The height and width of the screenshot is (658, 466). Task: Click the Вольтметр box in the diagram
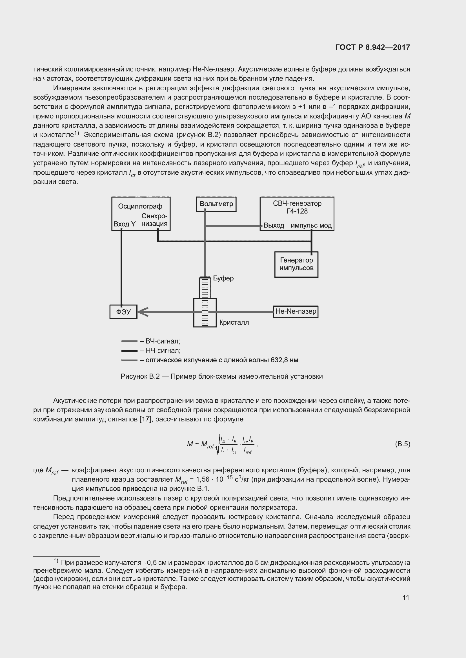(x=216, y=204)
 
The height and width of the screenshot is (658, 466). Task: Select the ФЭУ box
(x=123, y=311)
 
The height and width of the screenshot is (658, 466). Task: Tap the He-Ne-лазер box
(x=296, y=311)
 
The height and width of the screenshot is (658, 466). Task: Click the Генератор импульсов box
(x=296, y=264)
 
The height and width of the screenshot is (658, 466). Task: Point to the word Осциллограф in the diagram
(x=140, y=206)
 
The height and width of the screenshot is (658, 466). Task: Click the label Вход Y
(x=125, y=224)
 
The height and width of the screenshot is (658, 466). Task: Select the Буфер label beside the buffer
(x=223, y=278)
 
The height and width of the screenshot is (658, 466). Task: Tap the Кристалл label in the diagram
(x=234, y=322)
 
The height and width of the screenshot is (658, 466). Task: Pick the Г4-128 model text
(x=297, y=211)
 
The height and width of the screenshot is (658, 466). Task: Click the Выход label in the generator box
(x=274, y=225)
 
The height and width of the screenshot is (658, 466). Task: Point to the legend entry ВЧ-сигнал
(x=163, y=341)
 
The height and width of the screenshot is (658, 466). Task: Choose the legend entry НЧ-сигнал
(x=163, y=351)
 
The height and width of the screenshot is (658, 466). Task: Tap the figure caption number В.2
(x=154, y=376)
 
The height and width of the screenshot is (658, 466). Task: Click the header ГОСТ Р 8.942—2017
(x=372, y=47)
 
